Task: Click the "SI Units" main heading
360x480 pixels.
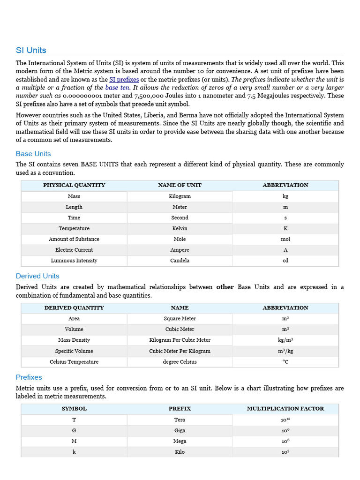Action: tap(31, 50)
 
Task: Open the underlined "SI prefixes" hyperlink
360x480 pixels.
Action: tap(124, 80)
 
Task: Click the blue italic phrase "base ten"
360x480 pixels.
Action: tap(117, 88)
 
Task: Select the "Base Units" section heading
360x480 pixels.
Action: tap(33, 154)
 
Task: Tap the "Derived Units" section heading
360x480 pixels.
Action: tap(37, 276)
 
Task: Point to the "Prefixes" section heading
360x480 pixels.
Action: tap(29, 377)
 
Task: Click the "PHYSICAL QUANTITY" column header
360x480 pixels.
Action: tap(74, 185)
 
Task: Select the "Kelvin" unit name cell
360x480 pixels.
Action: tap(180, 228)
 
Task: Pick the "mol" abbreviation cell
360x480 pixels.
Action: tap(285, 239)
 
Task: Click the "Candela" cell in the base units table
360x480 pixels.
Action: tap(180, 261)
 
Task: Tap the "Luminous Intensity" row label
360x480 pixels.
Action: tap(74, 261)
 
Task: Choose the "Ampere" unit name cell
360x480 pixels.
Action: tap(180, 250)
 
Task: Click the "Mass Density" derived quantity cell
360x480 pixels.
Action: tap(74, 340)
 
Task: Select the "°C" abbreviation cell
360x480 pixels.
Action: tap(285, 362)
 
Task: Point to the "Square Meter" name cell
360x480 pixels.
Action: tap(180, 319)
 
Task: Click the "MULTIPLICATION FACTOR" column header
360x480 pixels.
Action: tap(285, 409)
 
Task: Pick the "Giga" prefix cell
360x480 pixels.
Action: tap(180, 430)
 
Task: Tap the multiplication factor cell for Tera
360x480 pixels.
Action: tap(285, 420)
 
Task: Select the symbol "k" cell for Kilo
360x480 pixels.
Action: tap(74, 452)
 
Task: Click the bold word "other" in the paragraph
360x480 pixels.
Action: tap(225, 287)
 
